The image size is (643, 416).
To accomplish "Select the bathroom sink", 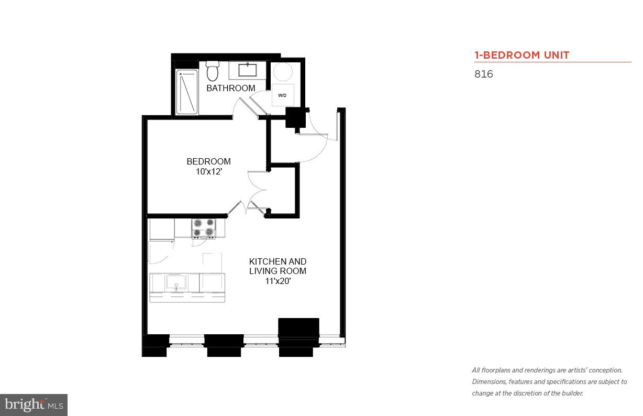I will (x=248, y=70).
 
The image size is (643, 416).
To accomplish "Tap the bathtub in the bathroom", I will (x=186, y=92).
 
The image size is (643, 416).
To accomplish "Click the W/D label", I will (x=282, y=95).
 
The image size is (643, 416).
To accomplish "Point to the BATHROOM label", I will (x=230, y=88).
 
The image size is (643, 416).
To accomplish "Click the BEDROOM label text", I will (x=208, y=161).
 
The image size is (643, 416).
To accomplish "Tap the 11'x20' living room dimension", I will (x=278, y=281).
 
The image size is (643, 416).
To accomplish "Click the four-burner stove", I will (x=203, y=228).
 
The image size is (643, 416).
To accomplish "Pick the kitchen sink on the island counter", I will (x=176, y=283).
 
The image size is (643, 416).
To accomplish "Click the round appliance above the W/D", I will (x=283, y=72).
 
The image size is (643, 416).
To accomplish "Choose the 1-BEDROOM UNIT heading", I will (x=522, y=55).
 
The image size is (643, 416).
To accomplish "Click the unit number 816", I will (x=483, y=74).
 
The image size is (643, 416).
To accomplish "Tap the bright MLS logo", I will (x=34, y=404).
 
